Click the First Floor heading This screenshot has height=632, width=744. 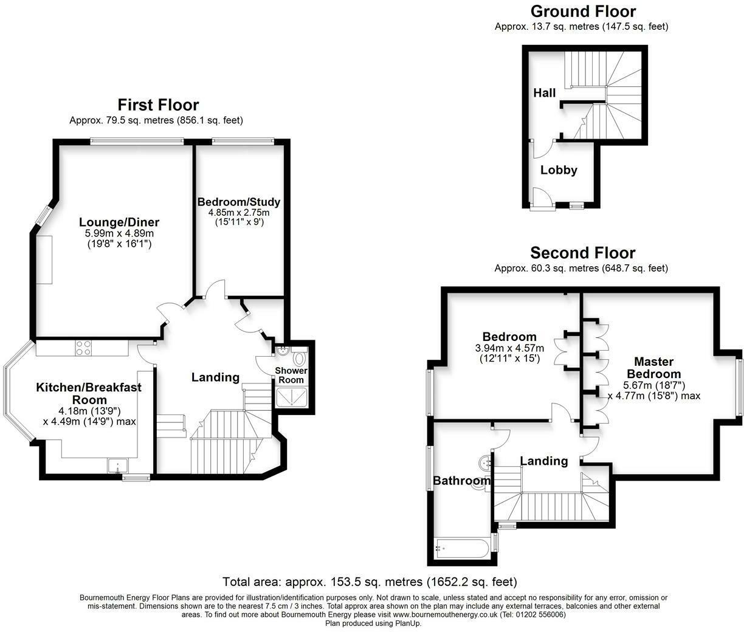click(158, 105)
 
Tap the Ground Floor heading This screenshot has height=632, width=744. click(582, 12)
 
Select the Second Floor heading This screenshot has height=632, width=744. click(582, 253)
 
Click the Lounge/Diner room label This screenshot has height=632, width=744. click(119, 222)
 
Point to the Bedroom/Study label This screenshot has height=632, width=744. click(239, 202)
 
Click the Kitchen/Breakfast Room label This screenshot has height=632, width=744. click(89, 393)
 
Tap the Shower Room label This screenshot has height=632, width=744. click(291, 375)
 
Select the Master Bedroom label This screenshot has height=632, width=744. click(653, 368)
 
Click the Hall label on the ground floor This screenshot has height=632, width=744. click(544, 93)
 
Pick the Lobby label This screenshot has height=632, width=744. click(559, 170)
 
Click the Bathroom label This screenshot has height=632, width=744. click(461, 481)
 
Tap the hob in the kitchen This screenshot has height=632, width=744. click(83, 348)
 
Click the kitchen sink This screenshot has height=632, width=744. click(117, 466)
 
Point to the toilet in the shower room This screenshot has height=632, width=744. click(298, 357)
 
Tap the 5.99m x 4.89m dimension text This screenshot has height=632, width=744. click(119, 233)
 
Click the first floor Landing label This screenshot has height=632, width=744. click(215, 377)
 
